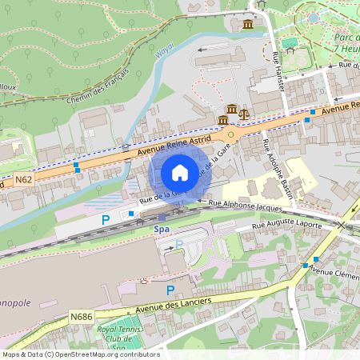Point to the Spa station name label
[162, 228]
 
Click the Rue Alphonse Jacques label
[244, 204]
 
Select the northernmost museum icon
[248, 25]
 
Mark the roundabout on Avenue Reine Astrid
[230, 134]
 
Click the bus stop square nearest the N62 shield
[77, 168]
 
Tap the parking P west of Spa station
[105, 219]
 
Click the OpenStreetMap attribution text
[80, 354]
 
